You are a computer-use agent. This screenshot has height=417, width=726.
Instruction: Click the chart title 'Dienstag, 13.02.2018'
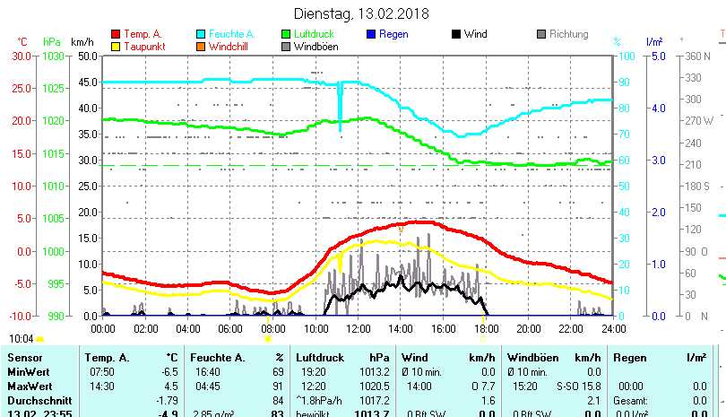pos(362,13)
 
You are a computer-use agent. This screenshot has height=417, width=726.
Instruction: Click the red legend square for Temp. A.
pos(115,34)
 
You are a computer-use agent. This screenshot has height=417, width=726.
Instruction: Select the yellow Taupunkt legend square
pos(115,46)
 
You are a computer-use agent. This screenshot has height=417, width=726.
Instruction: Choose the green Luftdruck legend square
pos(286,34)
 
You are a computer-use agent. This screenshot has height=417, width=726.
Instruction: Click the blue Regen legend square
pos(371,34)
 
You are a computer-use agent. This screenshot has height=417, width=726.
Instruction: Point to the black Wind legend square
pos(456,34)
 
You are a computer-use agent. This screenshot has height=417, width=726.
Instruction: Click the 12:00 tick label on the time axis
pos(358,329)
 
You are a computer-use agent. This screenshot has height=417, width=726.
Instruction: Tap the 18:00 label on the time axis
pos(485,329)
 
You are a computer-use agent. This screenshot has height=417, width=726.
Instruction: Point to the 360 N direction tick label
pos(697,56)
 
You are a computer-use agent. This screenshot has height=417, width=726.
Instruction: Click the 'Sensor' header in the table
pos(24,358)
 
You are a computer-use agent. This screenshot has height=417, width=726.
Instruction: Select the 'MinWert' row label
pos(27,371)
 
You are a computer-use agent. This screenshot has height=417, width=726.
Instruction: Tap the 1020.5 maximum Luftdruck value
pos(375,385)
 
